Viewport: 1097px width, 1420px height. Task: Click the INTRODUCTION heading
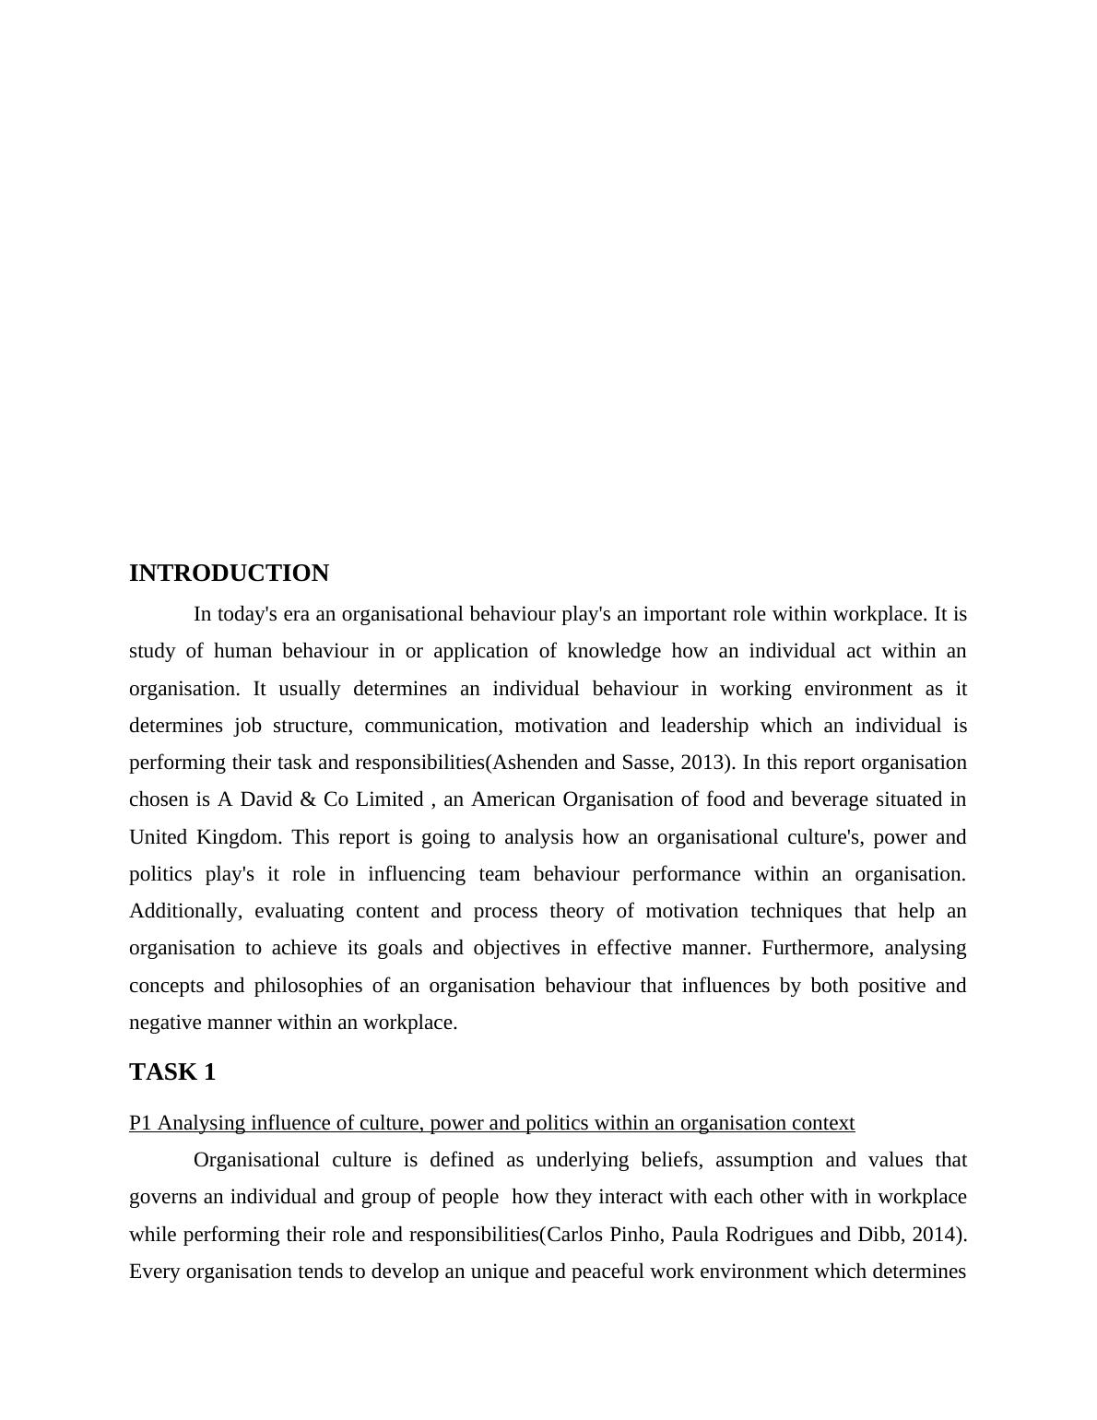[229, 574]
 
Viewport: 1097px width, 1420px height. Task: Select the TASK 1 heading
[172, 1071]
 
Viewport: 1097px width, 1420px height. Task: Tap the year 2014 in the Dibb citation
[936, 1235]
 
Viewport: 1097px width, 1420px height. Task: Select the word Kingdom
[239, 837]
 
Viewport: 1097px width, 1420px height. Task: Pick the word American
[513, 799]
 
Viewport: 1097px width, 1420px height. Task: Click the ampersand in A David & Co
[308, 799]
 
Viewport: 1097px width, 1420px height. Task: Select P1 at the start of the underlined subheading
[140, 1123]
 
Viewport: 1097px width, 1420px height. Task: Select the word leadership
[704, 726]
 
